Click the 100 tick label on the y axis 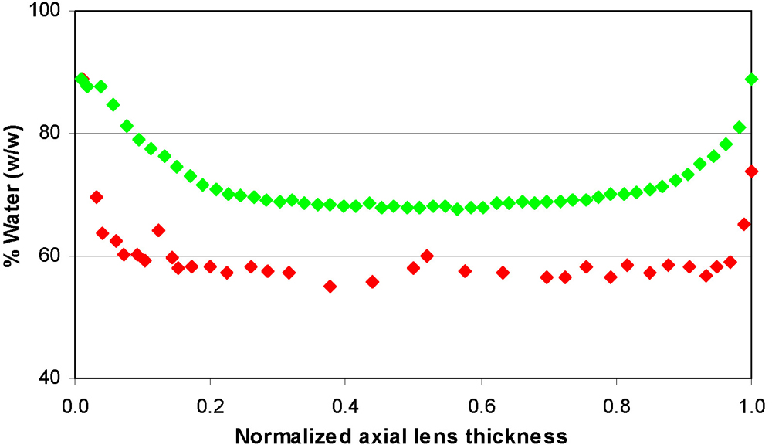tap(51, 12)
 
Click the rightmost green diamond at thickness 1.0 tap(751, 79)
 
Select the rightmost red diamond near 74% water tap(751, 171)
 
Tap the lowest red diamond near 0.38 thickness tap(330, 286)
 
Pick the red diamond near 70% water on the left tap(96, 197)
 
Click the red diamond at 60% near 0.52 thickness tap(427, 256)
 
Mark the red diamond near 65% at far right tap(744, 224)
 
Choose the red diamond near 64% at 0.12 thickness tap(158, 230)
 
